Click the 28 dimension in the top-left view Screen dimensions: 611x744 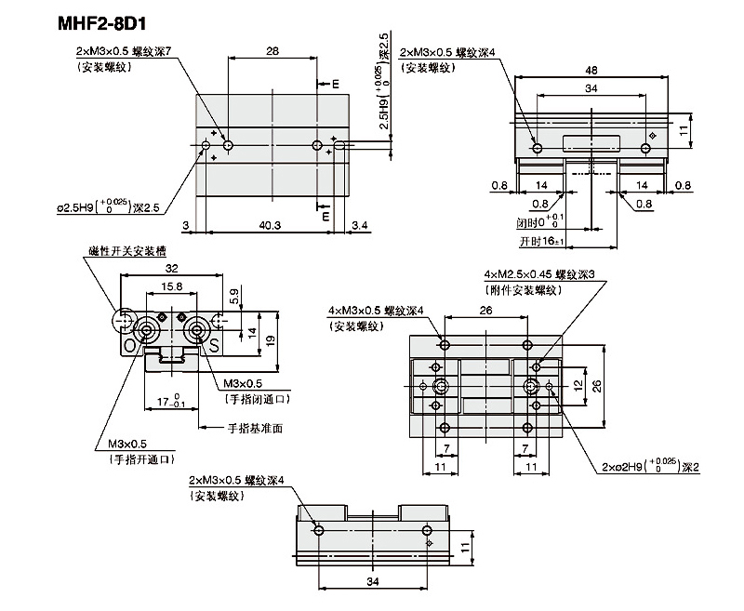point(271,52)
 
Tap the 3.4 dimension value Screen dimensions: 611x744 point(361,225)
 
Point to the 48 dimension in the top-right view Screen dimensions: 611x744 point(591,70)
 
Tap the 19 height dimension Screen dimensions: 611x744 point(270,340)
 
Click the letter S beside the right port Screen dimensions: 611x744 point(213,346)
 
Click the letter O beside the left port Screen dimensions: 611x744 point(129,346)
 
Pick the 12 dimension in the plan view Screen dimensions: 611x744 point(577,385)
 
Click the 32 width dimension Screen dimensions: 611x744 point(171,269)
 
